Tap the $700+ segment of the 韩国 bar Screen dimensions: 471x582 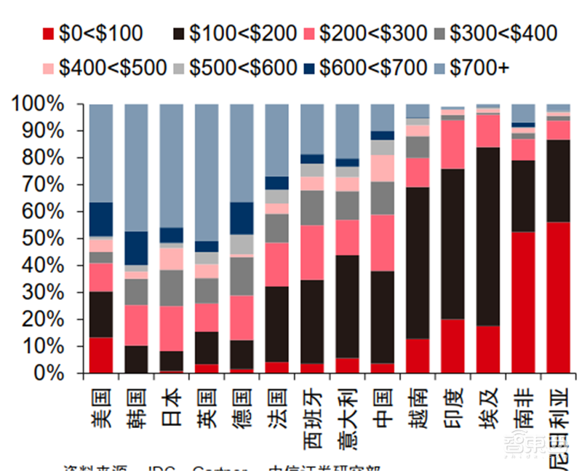pyautogui.click(x=136, y=167)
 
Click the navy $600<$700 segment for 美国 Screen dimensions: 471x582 pyautogui.click(x=100, y=219)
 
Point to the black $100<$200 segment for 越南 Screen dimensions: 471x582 pyautogui.click(x=418, y=263)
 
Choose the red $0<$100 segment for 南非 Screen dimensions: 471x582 pyautogui.click(x=523, y=302)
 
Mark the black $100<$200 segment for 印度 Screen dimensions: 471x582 pyautogui.click(x=453, y=244)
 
